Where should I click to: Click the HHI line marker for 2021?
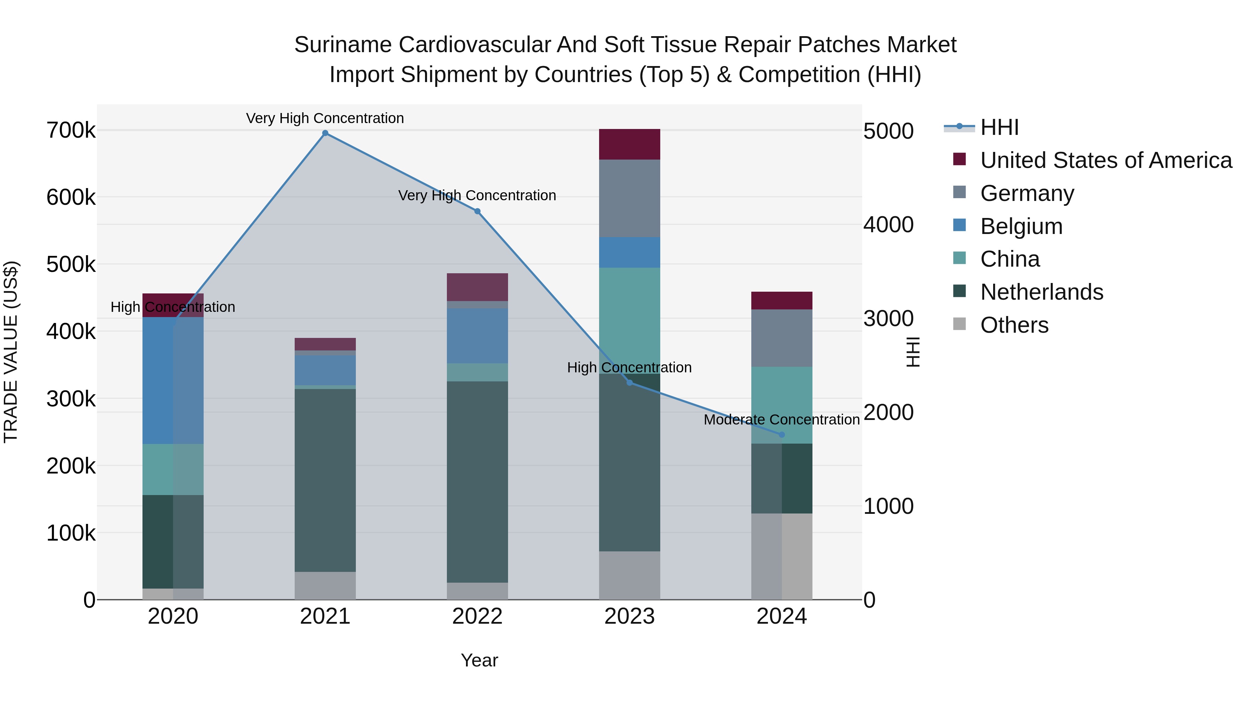pos(325,133)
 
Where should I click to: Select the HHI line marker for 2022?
pos(477,211)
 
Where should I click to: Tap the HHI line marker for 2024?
pos(782,435)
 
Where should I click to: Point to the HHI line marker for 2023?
pos(630,383)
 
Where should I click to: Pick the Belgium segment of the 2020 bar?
pos(173,380)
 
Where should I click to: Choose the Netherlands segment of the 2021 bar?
pos(325,480)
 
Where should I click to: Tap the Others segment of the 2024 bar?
pos(782,556)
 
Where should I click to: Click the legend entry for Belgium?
pos(1021,226)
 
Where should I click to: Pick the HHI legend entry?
pos(999,127)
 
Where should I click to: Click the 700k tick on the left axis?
pos(71,131)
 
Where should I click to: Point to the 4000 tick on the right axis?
pos(888,225)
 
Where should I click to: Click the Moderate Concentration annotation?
pos(782,420)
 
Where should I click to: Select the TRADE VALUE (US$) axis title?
pos(11,352)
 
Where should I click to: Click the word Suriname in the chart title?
pos(343,45)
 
